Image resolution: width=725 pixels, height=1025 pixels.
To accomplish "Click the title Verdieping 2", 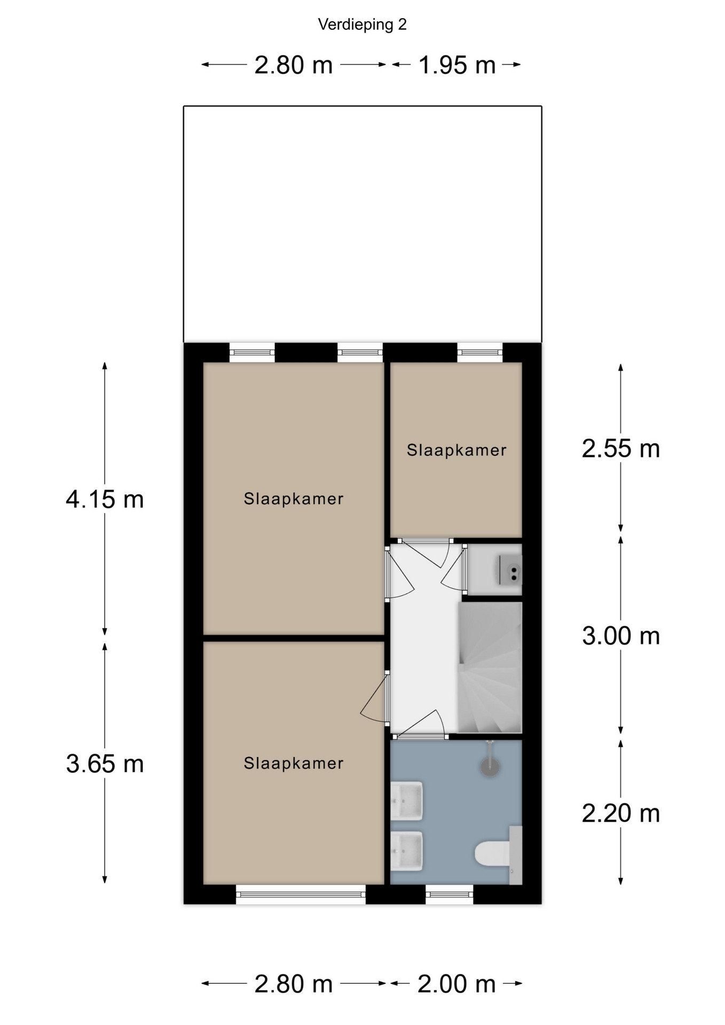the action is coord(362,25).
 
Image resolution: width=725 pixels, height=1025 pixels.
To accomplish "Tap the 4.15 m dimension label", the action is coord(105,500).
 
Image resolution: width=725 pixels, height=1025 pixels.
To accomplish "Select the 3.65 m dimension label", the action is coord(105,764).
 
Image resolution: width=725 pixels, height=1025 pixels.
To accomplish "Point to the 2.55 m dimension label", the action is coord(621,449).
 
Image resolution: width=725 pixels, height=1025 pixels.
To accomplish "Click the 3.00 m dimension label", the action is coord(621,636).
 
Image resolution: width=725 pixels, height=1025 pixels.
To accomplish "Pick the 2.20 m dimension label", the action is coord(621,814).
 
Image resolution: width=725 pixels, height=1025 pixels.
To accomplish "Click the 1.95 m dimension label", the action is coord(457,65).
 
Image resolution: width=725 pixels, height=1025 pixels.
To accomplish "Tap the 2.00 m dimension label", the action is coord(457,984).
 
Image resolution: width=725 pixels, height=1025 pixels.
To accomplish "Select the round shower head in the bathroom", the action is coord(490,767).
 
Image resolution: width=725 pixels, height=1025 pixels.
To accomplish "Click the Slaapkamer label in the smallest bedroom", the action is coord(456,450).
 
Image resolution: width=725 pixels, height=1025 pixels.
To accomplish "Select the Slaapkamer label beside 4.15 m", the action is coord(294,499).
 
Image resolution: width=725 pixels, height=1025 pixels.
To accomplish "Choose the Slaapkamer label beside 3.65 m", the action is coord(294,763).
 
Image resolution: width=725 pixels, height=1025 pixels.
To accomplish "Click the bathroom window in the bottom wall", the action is coord(450,894).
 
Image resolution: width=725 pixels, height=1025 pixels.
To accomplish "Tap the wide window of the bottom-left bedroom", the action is coord(301,894).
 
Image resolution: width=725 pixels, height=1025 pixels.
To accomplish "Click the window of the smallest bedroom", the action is coord(480,352).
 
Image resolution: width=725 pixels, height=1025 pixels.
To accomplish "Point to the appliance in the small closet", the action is coord(510,570).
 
